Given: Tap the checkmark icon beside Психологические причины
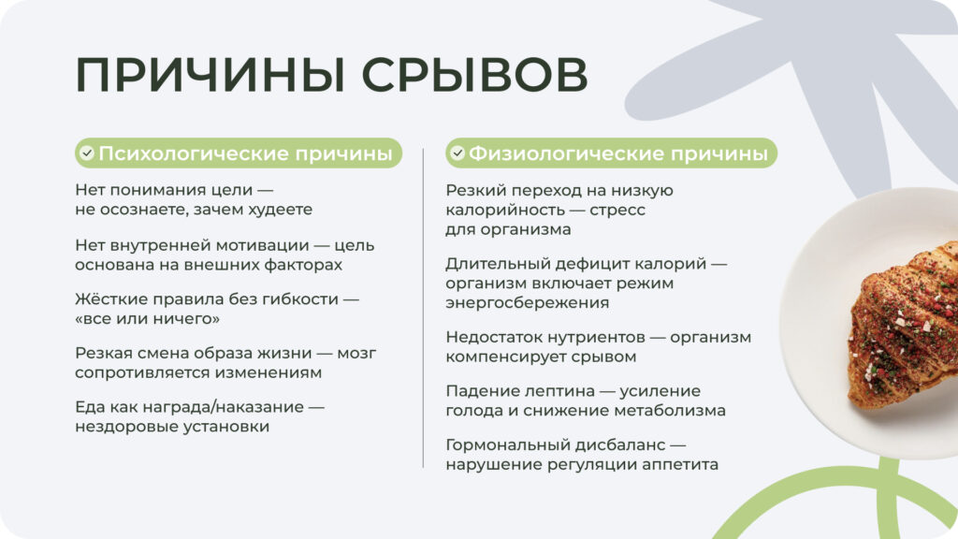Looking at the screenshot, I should [x=87, y=153].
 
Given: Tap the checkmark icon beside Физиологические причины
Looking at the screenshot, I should [x=457, y=153].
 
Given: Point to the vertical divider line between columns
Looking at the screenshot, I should [x=424, y=309].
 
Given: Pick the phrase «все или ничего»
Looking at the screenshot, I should [x=147, y=319].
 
